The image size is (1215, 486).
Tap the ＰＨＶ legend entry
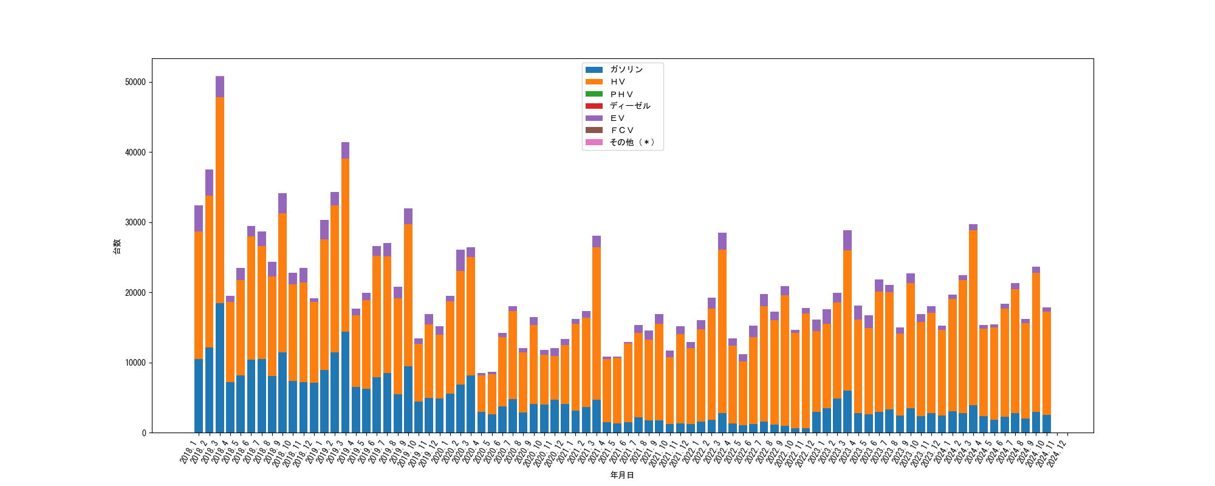tap(621, 94)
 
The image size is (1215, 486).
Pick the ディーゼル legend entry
tap(629, 106)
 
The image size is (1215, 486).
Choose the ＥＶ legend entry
tap(617, 118)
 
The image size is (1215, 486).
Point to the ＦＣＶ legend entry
tap(621, 130)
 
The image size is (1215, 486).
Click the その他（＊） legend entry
tap(632, 142)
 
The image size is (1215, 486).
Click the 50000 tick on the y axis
tap(135, 83)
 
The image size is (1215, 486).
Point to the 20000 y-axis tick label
tap(135, 293)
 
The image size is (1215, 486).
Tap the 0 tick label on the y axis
tap(144, 433)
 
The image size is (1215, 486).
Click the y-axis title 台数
tap(117, 246)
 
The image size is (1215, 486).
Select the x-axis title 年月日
tap(622, 475)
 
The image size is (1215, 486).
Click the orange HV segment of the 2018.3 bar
tap(220, 200)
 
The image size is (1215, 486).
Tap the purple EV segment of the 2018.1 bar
tap(199, 219)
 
